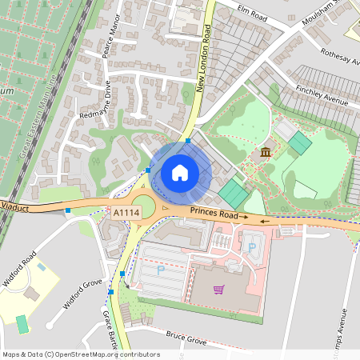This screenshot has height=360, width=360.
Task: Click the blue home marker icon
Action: (x=180, y=173)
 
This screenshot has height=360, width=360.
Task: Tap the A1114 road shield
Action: (x=126, y=212)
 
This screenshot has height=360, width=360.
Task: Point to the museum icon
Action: (x=266, y=152)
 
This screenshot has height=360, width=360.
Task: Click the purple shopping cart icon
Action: (x=218, y=289)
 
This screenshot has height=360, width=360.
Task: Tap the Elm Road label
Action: (x=251, y=11)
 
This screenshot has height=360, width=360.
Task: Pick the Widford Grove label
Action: (x=83, y=294)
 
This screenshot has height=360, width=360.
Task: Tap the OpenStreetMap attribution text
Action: (x=81, y=354)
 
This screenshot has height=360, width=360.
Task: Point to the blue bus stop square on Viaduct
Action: (x=68, y=210)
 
